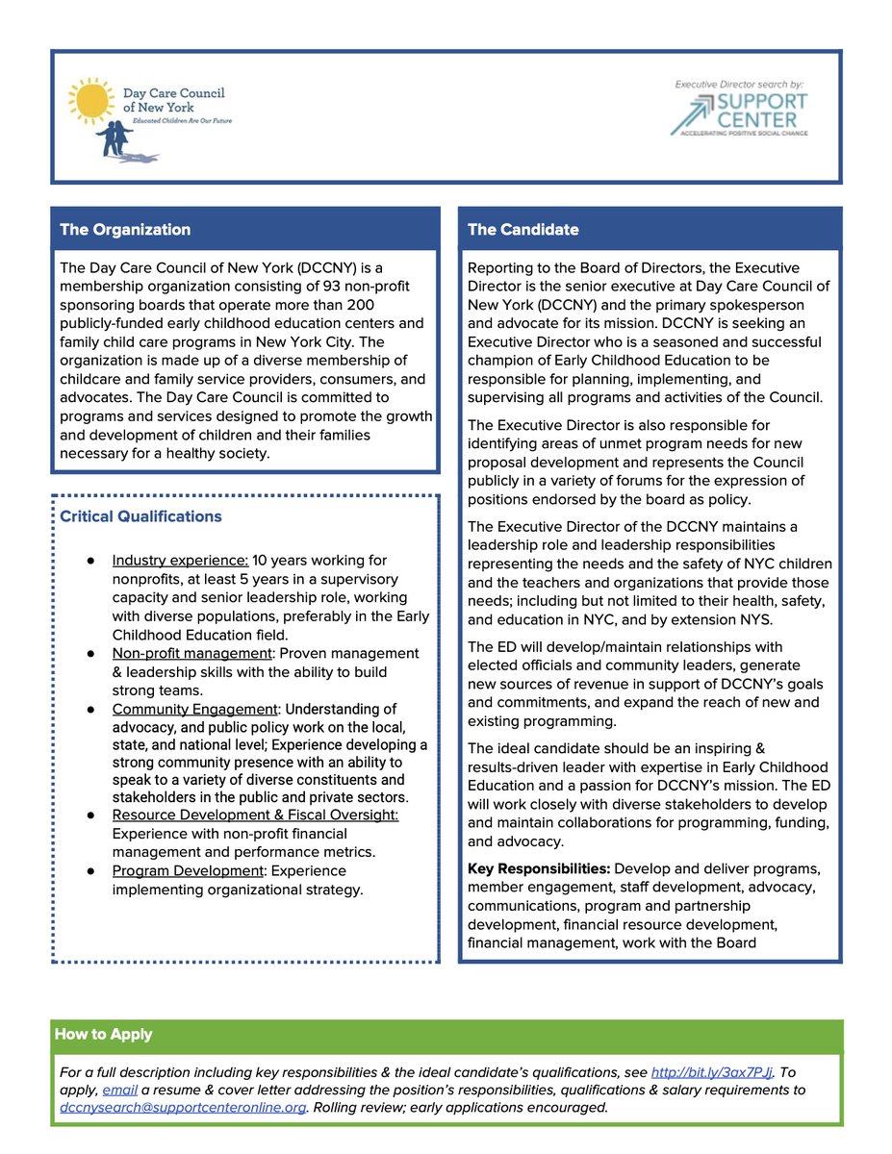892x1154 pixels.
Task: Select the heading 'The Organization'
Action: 125,230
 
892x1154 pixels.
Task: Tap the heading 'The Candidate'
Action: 523,230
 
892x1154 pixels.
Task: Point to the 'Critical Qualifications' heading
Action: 140,516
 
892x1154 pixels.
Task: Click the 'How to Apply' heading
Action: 103,1035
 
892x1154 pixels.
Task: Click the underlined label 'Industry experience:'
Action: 180,561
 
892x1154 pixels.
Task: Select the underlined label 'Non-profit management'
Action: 188,654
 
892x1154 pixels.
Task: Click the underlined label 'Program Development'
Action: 188,871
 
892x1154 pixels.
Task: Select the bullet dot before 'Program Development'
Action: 89,871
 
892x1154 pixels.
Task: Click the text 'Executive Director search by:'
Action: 741,85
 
